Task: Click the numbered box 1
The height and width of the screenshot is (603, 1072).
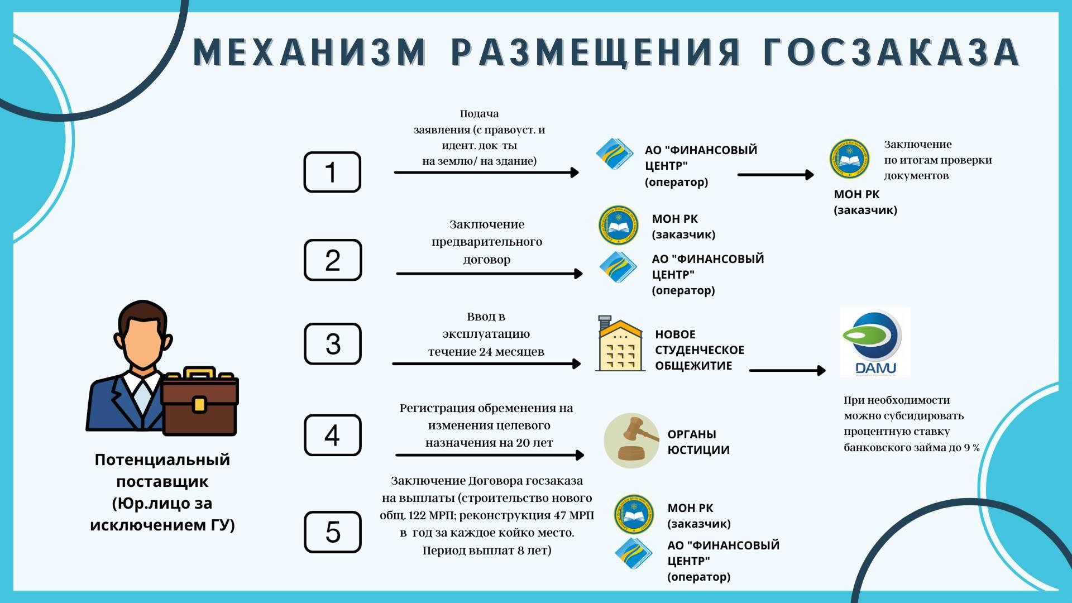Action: (332, 172)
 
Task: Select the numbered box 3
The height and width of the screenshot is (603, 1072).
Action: (333, 343)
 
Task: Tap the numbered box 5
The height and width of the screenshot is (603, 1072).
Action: (333, 532)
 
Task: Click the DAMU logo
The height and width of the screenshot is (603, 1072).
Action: (875, 342)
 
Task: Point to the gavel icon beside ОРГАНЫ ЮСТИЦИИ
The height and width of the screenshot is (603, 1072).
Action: (631, 441)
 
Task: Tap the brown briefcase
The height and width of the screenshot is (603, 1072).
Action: (200, 401)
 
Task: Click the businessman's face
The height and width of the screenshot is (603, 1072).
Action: (143, 341)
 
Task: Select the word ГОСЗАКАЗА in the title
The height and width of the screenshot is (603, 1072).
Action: (892, 52)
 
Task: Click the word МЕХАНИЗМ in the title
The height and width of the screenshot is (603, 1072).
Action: (310, 52)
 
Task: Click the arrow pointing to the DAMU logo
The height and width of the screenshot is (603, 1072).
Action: (787, 370)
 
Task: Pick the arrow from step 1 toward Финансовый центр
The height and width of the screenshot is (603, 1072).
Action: (486, 173)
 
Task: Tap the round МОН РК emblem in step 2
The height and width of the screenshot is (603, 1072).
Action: (619, 226)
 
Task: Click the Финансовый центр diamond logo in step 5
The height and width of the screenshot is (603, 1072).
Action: (634, 553)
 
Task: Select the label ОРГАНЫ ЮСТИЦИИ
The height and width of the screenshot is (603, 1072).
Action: (698, 442)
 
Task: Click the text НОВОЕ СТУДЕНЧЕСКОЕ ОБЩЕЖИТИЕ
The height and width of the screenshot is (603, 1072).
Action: (700, 350)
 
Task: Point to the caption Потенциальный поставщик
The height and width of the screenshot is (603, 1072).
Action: (162, 470)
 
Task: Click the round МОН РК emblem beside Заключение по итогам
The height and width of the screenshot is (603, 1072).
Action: (849, 159)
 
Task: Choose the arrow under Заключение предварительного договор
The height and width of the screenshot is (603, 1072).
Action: (489, 274)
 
